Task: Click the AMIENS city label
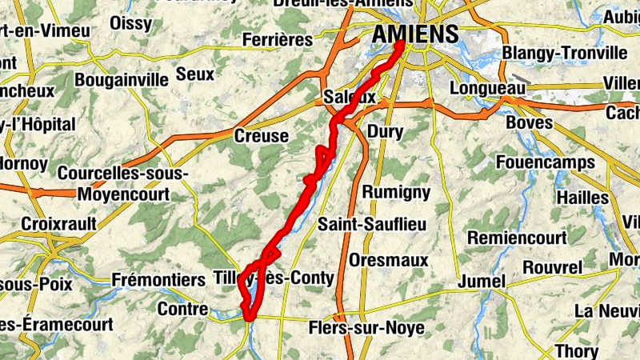[415, 34]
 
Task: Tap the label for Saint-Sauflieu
[372, 225]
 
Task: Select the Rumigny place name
[397, 192]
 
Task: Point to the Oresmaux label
[389, 261]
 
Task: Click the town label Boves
[530, 123]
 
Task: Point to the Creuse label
[261, 136]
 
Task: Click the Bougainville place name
[122, 79]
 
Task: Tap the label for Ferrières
[277, 39]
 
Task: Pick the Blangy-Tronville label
[564, 53]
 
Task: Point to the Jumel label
[482, 282]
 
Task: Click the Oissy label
[130, 22]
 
